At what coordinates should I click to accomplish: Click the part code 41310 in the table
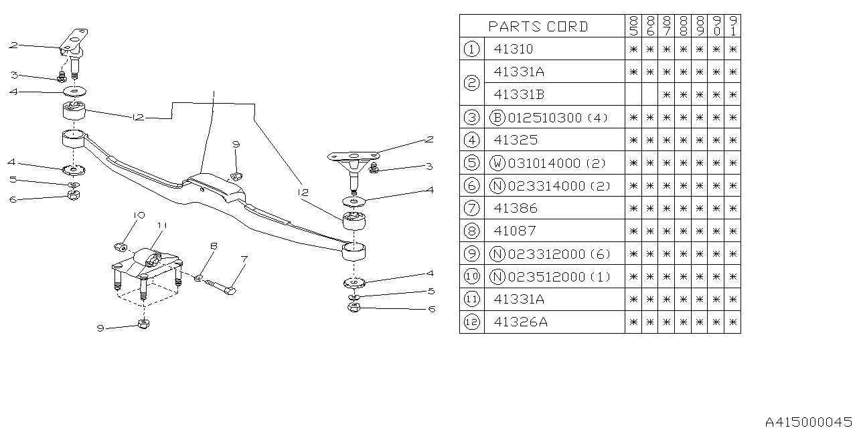(514, 49)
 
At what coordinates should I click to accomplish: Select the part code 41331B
(519, 94)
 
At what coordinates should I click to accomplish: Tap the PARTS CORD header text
(538, 26)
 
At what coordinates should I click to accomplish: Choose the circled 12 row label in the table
(472, 322)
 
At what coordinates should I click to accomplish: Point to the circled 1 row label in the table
(472, 49)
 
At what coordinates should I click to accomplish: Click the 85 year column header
(633, 26)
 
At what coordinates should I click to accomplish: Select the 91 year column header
(733, 26)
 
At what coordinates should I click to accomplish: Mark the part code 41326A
(520, 322)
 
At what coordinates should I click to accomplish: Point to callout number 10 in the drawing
(139, 215)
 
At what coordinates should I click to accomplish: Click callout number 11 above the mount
(161, 225)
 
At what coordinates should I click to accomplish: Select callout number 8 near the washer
(214, 246)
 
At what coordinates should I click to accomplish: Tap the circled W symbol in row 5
(497, 163)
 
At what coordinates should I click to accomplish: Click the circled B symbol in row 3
(497, 118)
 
